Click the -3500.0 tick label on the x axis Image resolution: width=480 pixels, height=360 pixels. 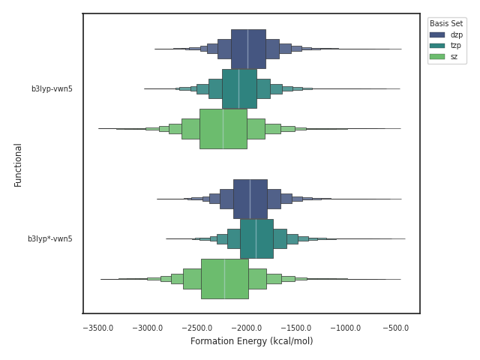pyautogui.click(x=98, y=328)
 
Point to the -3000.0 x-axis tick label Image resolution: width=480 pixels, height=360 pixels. pyautogui.click(x=148, y=328)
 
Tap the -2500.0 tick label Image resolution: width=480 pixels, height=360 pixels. pyautogui.click(x=198, y=328)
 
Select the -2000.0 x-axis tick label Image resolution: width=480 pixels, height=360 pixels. pyautogui.click(x=247, y=328)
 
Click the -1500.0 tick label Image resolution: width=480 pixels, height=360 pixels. pyautogui.click(x=298, y=328)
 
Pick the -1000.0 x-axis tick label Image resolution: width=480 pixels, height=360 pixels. pyautogui.click(x=347, y=328)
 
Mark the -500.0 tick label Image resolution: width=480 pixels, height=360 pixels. pyautogui.click(x=396, y=328)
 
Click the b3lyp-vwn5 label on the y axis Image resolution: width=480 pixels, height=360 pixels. pyautogui.click(x=52, y=88)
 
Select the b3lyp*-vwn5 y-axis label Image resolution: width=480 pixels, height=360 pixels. pyautogui.click(x=50, y=238)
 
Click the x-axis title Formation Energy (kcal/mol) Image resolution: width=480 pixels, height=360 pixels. pyautogui.click(x=251, y=341)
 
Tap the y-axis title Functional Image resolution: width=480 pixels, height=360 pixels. pyautogui.click(x=19, y=164)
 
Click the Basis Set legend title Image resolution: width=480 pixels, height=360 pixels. pyautogui.click(x=446, y=24)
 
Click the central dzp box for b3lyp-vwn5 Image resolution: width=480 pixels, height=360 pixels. pyautogui.click(x=248, y=49)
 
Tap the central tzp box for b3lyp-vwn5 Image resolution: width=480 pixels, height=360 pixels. pyautogui.click(x=239, y=88)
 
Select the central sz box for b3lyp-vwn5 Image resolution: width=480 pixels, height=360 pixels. pyautogui.click(x=223, y=128)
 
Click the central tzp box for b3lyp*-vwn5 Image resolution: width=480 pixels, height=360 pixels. pyautogui.click(x=256, y=238)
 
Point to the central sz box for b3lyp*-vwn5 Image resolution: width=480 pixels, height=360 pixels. pyautogui.click(x=225, y=278)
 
